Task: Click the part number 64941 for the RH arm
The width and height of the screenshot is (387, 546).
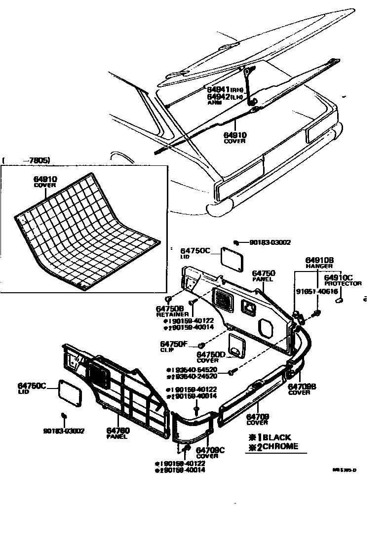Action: pyautogui.click(x=219, y=90)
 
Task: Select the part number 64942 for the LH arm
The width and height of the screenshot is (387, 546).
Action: pyautogui.click(x=219, y=97)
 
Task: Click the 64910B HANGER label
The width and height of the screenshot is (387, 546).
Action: pyautogui.click(x=319, y=262)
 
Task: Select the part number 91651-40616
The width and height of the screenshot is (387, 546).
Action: pyautogui.click(x=316, y=292)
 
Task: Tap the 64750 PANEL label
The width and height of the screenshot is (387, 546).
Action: pyautogui.click(x=264, y=275)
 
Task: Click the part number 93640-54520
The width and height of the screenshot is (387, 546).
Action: pyautogui.click(x=197, y=369)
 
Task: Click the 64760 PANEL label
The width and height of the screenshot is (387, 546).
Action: pyautogui.click(x=118, y=433)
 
